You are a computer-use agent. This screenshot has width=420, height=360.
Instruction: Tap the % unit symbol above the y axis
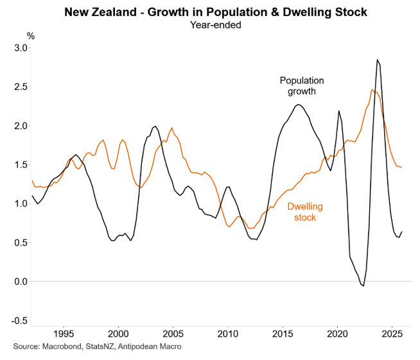click(x=30, y=36)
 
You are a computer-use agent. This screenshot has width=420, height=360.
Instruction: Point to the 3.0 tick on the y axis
click(x=21, y=48)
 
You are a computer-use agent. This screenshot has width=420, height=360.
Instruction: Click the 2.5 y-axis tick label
click(x=21, y=87)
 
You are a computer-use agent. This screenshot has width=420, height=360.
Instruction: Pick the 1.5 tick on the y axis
click(x=21, y=165)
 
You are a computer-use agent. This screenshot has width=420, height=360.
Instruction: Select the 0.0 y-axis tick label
click(x=21, y=282)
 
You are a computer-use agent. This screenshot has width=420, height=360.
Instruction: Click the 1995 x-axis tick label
click(x=63, y=334)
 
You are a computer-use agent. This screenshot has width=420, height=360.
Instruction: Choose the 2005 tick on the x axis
click(x=173, y=334)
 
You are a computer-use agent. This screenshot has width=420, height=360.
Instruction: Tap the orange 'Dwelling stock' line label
click(x=304, y=212)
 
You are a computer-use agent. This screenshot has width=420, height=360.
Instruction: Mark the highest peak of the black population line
click(x=378, y=60)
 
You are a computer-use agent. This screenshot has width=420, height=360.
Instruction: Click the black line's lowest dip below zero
click(x=363, y=286)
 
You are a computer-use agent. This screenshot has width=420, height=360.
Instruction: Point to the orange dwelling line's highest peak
click(x=372, y=89)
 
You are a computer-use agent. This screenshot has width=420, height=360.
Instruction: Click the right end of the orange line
click(x=402, y=167)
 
